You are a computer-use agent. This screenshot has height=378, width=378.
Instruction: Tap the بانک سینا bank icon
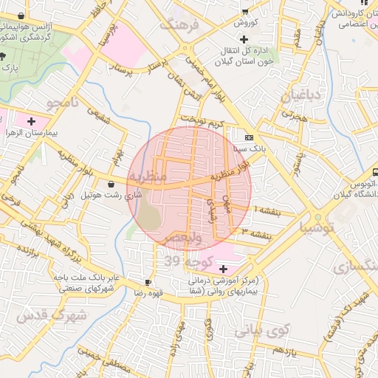[250, 137]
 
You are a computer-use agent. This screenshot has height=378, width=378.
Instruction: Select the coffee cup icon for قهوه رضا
[148, 282]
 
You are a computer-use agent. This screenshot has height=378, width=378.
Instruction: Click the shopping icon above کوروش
[244, 10]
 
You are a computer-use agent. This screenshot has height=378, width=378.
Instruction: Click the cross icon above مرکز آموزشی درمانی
[223, 269]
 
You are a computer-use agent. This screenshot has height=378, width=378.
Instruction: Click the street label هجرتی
[293, 116]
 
